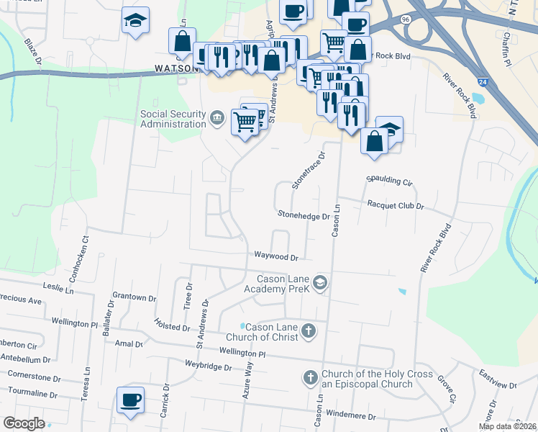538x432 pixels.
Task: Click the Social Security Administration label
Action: pyautogui.click(x=173, y=119)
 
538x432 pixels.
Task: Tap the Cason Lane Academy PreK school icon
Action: pyautogui.click(x=320, y=283)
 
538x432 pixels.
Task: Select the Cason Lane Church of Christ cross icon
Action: pyautogui.click(x=309, y=331)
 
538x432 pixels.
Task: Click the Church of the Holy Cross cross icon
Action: pyautogui.click(x=310, y=377)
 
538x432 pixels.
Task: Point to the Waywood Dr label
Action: pyautogui.click(x=275, y=256)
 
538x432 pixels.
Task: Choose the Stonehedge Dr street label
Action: pyautogui.click(x=304, y=215)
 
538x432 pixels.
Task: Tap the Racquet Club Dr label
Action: pyautogui.click(x=396, y=205)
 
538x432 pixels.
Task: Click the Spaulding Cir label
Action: pyautogui.click(x=389, y=180)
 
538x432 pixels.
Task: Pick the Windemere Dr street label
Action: pyautogui.click(x=351, y=416)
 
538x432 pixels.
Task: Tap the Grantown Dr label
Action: pyautogui.click(x=134, y=297)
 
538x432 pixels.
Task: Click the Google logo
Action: pyautogui.click(x=24, y=423)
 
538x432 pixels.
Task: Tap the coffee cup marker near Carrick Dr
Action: pyautogui.click(x=130, y=400)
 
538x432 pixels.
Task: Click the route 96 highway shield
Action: pyautogui.click(x=407, y=21)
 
